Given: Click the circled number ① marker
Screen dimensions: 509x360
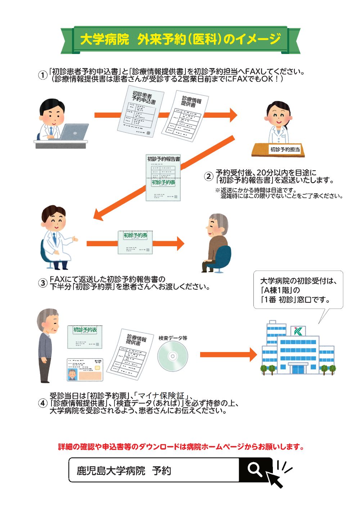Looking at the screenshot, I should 43,75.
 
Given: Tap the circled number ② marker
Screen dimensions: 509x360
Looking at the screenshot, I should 209,176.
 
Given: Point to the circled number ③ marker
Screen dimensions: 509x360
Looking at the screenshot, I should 43,283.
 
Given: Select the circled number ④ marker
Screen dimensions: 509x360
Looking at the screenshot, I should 43,403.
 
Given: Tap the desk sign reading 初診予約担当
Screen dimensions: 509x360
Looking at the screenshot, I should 285,149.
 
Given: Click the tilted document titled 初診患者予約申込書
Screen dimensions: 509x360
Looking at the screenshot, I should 141,112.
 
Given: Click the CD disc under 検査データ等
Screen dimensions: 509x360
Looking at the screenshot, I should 173,356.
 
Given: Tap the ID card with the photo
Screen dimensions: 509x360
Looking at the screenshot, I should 85,370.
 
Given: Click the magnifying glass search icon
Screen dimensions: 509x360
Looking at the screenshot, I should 255,469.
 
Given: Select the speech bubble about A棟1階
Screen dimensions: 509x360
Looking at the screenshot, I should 298,290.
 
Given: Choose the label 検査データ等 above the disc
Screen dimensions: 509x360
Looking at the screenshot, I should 173,338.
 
